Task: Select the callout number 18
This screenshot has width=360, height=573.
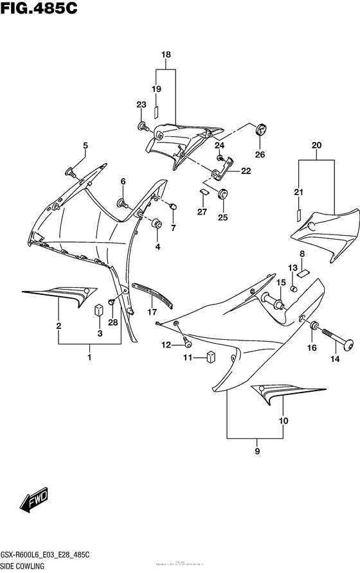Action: (x=166, y=56)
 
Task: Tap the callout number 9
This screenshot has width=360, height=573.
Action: (x=256, y=450)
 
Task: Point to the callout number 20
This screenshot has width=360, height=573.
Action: (x=316, y=146)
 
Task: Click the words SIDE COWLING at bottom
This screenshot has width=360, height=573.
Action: (x=30, y=565)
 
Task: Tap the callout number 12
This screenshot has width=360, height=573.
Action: (x=166, y=345)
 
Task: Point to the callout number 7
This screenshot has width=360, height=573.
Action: (x=172, y=228)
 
